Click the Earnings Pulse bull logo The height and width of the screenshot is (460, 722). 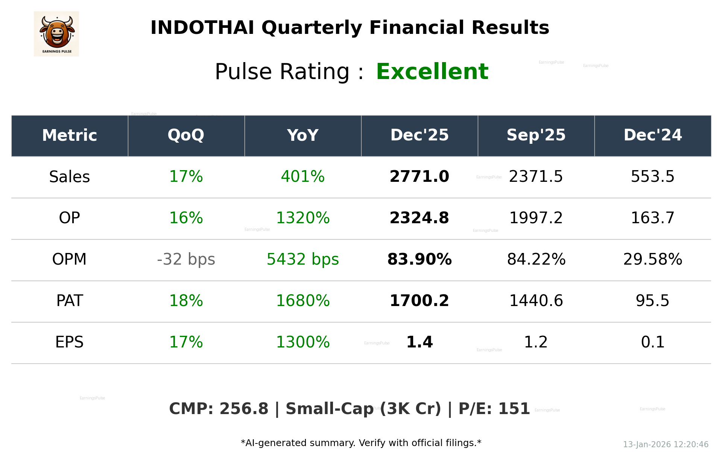56,34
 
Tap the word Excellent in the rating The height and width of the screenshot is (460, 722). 432,72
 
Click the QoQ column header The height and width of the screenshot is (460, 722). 186,136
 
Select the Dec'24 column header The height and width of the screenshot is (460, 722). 652,136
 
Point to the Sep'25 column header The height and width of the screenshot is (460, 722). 536,136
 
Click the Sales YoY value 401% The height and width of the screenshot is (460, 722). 302,177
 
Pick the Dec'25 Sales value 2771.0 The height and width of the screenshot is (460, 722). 419,177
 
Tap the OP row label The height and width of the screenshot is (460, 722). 70,218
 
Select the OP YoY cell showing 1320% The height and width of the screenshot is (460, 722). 302,218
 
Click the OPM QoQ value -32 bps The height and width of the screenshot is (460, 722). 186,259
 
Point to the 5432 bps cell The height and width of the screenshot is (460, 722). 302,259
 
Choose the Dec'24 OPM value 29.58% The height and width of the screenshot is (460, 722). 652,259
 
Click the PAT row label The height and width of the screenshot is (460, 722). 70,301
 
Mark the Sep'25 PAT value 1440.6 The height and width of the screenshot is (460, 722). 536,301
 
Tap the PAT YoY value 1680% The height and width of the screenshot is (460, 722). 302,301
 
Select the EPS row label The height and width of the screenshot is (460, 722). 70,342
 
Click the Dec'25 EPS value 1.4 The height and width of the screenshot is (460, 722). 419,342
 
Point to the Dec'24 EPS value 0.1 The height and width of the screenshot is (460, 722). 652,342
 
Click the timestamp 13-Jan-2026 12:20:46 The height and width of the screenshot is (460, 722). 666,445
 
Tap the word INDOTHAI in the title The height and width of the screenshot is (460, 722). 202,28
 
